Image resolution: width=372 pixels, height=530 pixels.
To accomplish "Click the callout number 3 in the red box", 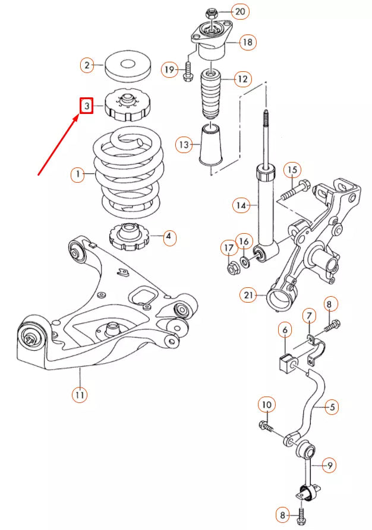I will click(87, 106).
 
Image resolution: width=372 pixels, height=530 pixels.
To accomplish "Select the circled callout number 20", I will click(239, 11).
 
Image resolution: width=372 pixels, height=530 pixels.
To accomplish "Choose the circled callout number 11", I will click(80, 393).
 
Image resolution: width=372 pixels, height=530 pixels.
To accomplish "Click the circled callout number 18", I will click(247, 42).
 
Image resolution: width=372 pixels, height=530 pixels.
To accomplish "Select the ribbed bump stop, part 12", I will click(210, 96).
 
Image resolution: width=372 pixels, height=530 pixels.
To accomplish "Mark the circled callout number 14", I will click(241, 205).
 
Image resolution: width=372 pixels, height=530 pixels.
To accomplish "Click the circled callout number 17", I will click(229, 247).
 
